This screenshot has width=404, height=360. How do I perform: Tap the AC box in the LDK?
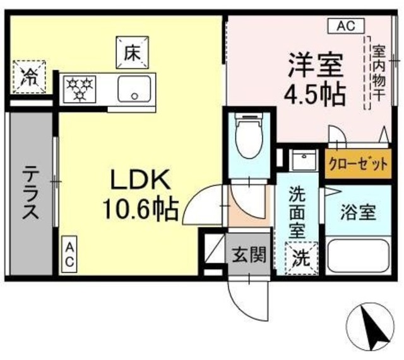(70, 255)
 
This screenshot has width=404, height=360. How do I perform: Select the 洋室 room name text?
(316, 65)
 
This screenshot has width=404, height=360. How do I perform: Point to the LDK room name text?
(140, 181)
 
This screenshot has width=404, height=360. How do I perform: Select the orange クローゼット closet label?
(357, 165)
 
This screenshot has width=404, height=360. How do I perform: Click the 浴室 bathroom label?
(359, 212)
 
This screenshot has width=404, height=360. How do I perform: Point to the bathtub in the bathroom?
(358, 255)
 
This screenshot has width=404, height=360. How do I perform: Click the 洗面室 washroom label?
(297, 212)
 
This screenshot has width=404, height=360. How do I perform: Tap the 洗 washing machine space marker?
(299, 258)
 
